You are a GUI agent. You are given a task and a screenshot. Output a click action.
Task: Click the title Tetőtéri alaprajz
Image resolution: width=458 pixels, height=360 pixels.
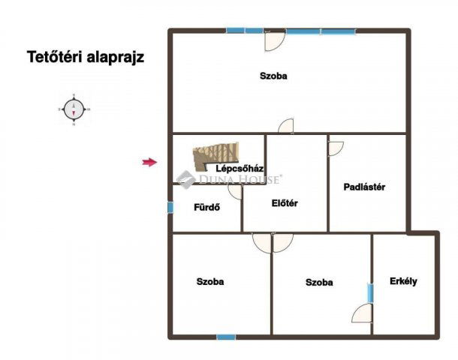pos(86,56)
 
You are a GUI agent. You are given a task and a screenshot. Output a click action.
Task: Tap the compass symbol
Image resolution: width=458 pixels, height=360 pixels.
pos(74,109)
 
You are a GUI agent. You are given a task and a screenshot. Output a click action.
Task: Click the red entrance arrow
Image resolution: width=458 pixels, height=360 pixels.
pos(150,162)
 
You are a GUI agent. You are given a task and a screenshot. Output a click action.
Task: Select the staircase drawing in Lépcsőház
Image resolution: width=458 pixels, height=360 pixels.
pos(215,156)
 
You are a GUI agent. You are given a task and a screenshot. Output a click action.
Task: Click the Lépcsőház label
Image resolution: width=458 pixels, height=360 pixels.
pos(238,168)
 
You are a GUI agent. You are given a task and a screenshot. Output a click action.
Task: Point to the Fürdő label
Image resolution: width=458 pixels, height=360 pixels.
pos(206,208)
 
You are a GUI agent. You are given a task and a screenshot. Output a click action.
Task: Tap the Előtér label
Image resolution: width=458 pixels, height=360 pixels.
pos(285,203)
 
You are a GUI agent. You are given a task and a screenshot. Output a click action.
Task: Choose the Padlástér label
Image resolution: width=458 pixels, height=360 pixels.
pos(364,187)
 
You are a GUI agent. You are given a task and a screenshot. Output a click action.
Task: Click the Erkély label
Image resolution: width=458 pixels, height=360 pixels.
pos(403,281)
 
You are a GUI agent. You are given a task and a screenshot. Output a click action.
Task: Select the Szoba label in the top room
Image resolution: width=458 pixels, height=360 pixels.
pos(273,76)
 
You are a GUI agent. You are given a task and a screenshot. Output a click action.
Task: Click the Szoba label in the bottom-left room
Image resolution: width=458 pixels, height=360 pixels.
pos(210,282)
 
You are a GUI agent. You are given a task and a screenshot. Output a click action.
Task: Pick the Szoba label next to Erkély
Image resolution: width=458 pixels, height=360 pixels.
pos(319,283)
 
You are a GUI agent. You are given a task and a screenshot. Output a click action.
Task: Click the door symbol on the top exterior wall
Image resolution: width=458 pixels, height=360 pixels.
pos(275,40)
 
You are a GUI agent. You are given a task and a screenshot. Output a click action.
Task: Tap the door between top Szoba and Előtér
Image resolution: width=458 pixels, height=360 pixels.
pos(285,127)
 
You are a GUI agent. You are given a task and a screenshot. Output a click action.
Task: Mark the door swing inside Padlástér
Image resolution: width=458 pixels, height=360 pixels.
pos(335,148)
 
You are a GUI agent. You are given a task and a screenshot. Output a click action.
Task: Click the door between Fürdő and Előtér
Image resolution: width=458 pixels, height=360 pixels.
pos(236,192)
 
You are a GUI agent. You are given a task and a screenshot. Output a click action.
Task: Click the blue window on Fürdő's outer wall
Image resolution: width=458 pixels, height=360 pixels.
pos(170,207)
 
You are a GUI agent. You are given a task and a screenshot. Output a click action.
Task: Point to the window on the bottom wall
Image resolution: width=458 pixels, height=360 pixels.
pos(225,337)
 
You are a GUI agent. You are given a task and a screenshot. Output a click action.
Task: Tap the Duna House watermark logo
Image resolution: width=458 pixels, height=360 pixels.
pos(185,179)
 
